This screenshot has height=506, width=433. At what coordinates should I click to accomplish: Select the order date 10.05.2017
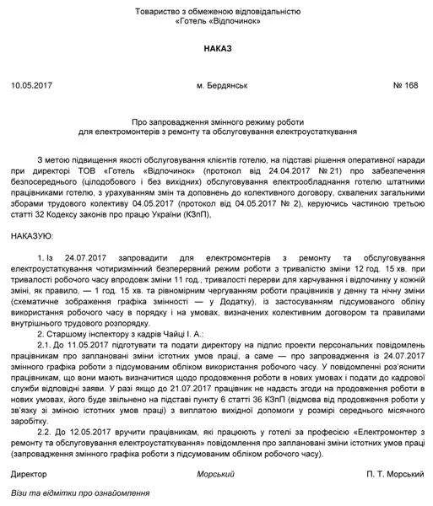click(x=33, y=86)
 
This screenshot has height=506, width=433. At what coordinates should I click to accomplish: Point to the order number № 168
click(x=407, y=86)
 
